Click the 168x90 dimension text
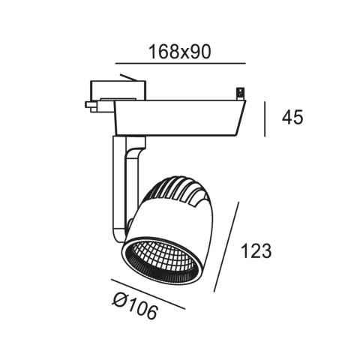coord(180,52)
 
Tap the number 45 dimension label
coord(292,117)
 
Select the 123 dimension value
coord(256,250)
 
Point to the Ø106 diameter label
coord(135,306)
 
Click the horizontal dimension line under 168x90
coord(180,64)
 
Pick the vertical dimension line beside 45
coord(265,119)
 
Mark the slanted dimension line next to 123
coord(226,247)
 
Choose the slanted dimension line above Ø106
coord(148,294)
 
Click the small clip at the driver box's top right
coord(241,94)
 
